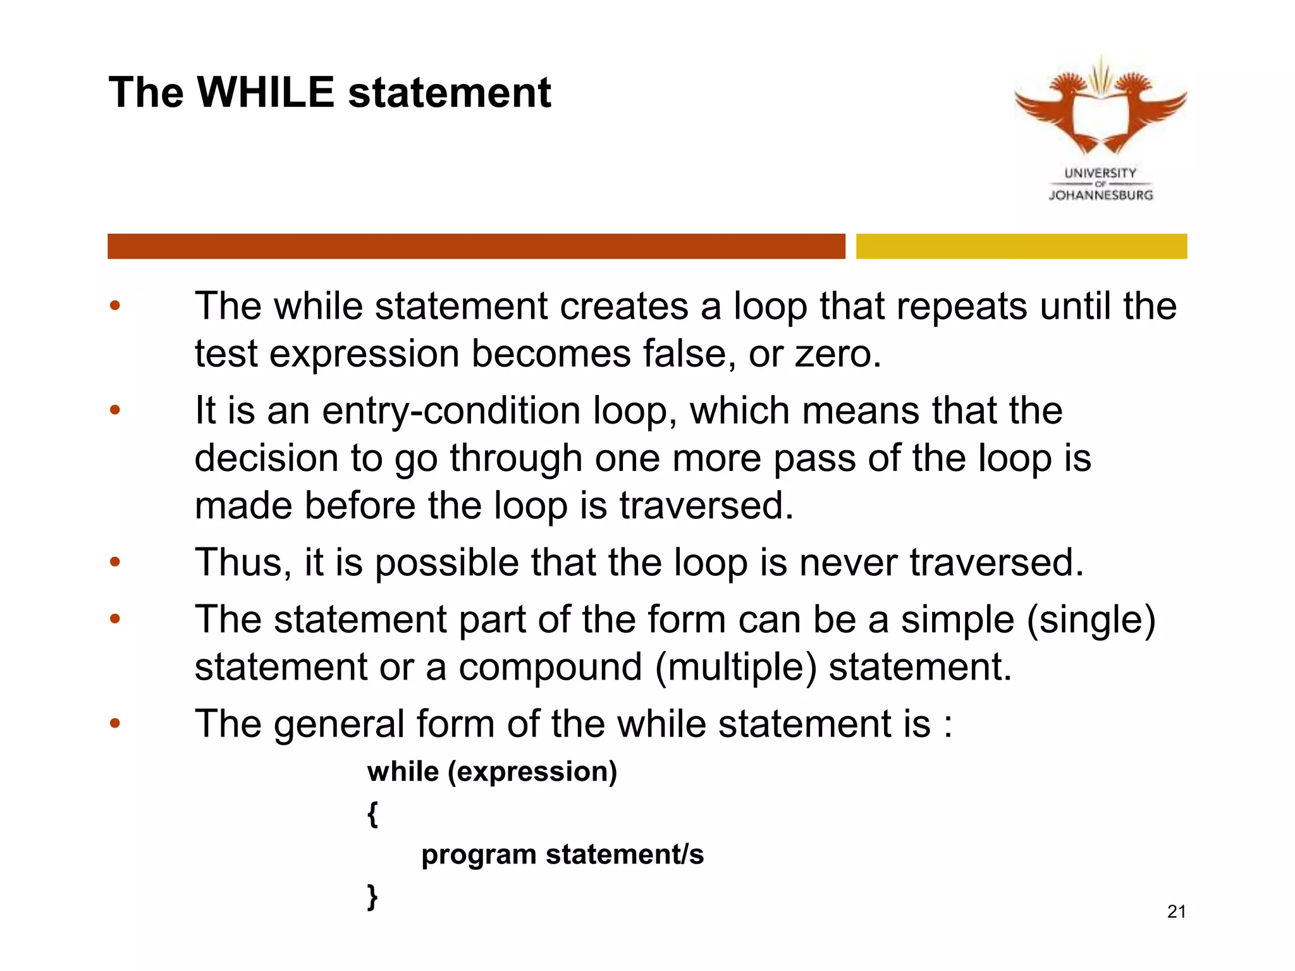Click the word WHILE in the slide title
pos(266,93)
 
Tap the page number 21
pos(1176,912)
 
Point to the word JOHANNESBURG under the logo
pos(1101,195)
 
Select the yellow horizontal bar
pos(1021,246)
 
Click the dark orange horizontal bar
pos(476,246)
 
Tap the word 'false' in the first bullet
pos(689,353)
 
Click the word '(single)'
pos(1091,620)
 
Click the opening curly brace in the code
pos(373,814)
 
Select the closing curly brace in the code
pos(373,896)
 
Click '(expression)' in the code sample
pos(532,772)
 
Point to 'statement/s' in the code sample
pos(625,855)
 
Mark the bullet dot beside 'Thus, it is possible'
pos(114,561)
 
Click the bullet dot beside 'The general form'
pos(114,723)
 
